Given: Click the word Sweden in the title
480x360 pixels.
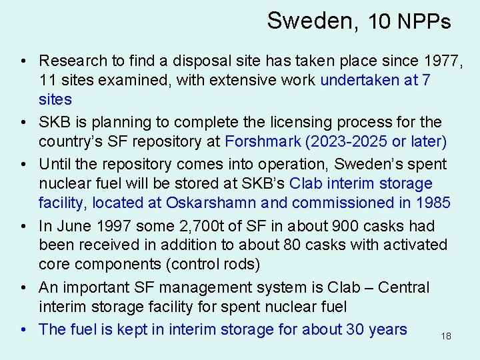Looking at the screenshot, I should tap(311, 21).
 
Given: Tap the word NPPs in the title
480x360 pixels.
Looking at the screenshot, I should tap(424, 21).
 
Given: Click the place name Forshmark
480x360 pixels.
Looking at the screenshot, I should tap(263, 142).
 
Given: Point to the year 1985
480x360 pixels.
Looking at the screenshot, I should tap(433, 203).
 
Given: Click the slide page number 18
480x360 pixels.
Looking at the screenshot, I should tap(446, 337).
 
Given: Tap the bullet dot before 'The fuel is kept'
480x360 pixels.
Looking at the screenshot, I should tap(24, 329).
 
